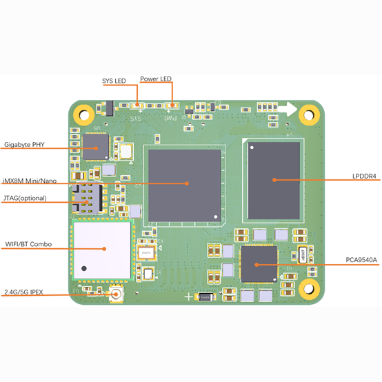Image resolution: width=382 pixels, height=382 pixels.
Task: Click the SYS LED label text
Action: pyautogui.click(x=114, y=81)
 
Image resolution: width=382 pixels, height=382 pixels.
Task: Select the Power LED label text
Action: pyautogui.click(x=156, y=79)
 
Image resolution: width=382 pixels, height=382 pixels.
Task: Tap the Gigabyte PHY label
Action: pyautogui.click(x=24, y=145)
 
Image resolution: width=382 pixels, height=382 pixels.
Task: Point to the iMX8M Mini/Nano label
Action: pyautogui.click(x=30, y=181)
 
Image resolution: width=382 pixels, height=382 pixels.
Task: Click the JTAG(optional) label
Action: pyautogui.click(x=25, y=198)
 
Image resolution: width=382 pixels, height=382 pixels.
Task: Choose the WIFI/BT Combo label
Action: pyautogui.click(x=28, y=244)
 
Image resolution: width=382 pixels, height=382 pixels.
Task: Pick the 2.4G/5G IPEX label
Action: pyautogui.click(x=23, y=292)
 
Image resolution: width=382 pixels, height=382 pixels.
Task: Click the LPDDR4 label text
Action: pyautogui.click(x=364, y=176)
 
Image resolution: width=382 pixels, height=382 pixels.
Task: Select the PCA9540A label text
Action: pyautogui.click(x=361, y=260)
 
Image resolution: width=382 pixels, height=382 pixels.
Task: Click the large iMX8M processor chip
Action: pyautogui.click(x=184, y=185)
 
